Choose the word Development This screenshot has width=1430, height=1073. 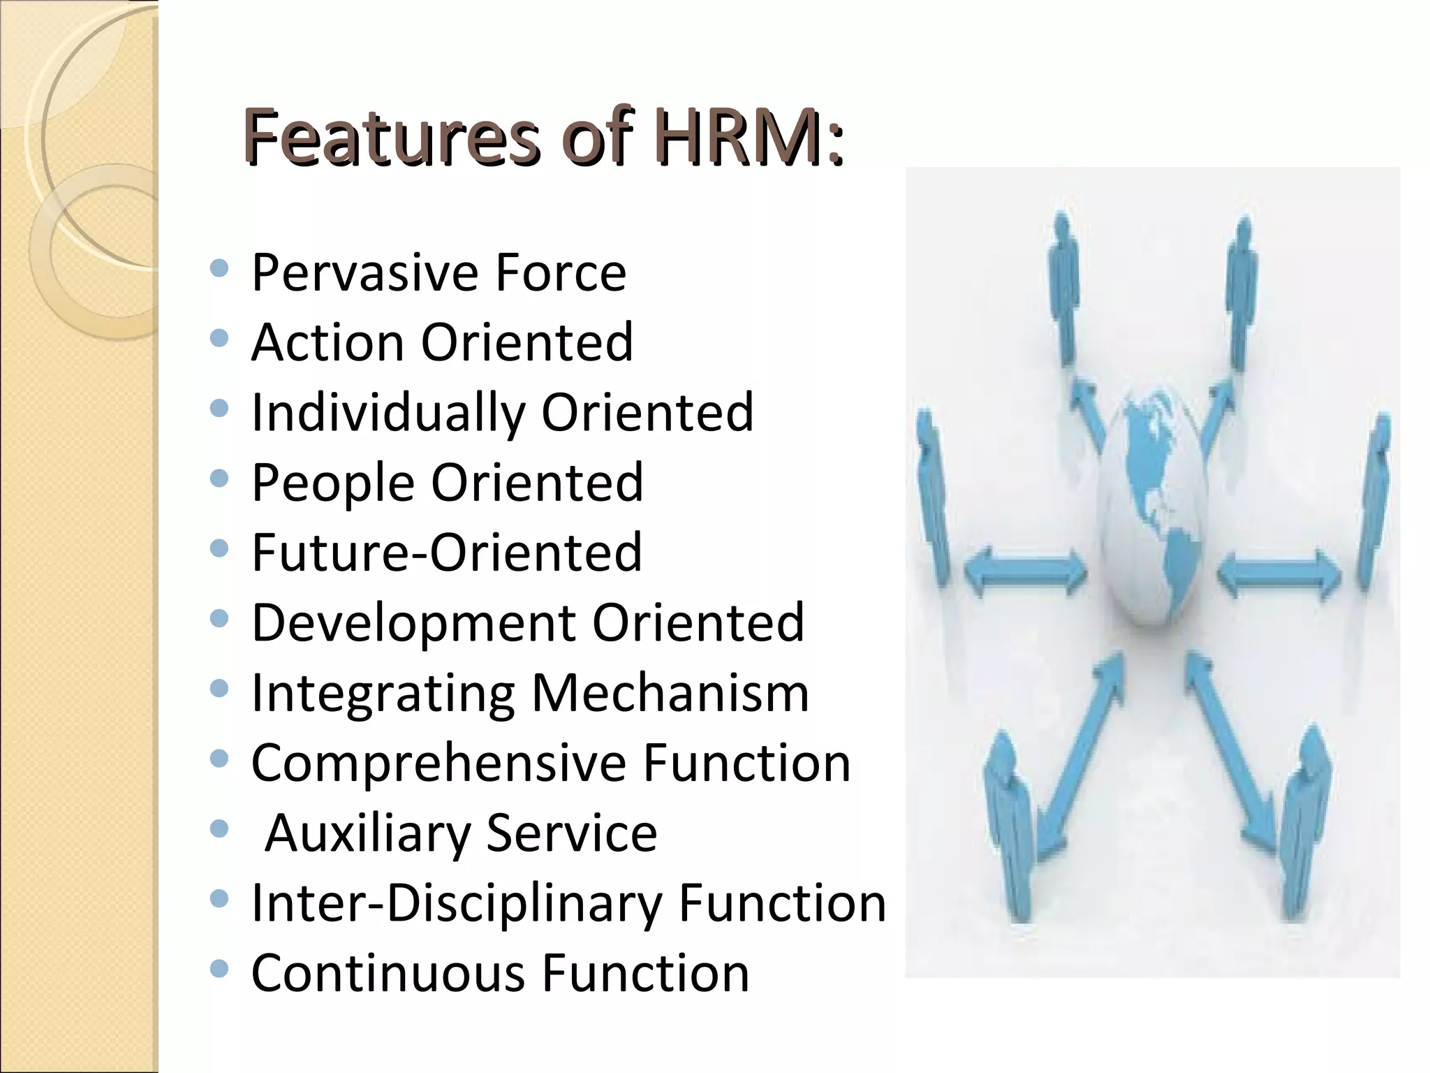click(413, 622)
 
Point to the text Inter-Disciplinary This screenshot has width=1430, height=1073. click(457, 903)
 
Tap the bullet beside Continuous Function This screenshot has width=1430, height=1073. click(219, 968)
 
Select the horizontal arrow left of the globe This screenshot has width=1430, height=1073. click(1025, 573)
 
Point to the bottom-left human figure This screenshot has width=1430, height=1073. click(1009, 824)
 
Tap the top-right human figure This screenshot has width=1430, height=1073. click(1241, 293)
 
